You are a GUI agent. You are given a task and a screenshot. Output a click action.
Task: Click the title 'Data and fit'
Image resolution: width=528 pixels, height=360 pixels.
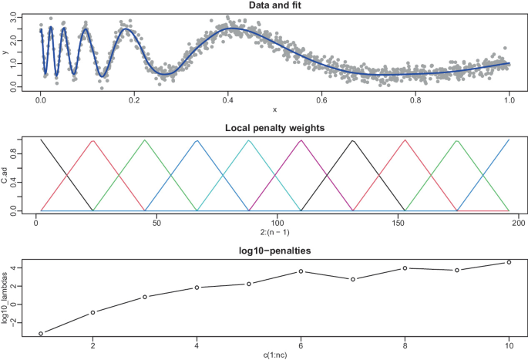pos(274,6)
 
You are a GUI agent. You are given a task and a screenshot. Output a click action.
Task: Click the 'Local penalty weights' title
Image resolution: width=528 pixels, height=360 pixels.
pos(274,127)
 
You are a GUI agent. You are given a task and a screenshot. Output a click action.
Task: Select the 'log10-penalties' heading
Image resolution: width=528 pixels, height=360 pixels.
pos(274,251)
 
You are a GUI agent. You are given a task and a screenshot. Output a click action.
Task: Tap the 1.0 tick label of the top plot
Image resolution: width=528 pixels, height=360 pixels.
pos(510,100)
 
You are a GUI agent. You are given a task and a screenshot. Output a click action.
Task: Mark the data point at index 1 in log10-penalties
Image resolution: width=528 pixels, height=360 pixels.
pos(41,334)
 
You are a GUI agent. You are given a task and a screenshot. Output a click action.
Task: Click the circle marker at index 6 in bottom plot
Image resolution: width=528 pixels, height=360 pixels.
pos(301,271)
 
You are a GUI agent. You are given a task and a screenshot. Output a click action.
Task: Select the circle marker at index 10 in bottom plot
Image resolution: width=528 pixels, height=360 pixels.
pos(509,262)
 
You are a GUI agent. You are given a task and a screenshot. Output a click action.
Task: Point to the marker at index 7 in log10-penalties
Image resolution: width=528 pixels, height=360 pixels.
pos(353,279)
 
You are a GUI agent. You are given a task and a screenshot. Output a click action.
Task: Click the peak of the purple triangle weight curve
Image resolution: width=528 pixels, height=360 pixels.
pos(301,141)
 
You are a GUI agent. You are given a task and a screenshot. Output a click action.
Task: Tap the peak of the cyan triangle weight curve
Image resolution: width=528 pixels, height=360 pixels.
pos(249,141)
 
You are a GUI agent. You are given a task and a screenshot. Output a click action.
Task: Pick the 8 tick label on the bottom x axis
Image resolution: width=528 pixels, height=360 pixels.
pos(405,344)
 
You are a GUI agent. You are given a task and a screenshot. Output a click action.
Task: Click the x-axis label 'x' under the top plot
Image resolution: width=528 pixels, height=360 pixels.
pos(274,109)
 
